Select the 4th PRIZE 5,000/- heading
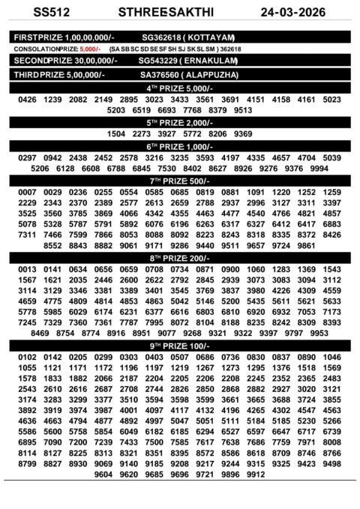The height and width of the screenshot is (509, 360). click(x=180, y=88)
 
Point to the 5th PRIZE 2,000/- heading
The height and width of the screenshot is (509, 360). click(x=180, y=122)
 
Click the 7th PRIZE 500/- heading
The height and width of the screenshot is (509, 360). click(x=180, y=181)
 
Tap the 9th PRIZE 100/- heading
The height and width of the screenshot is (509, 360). click(x=180, y=346)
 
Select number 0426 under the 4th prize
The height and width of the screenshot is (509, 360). click(x=27, y=100)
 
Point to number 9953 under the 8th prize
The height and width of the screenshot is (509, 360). click(x=319, y=333)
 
